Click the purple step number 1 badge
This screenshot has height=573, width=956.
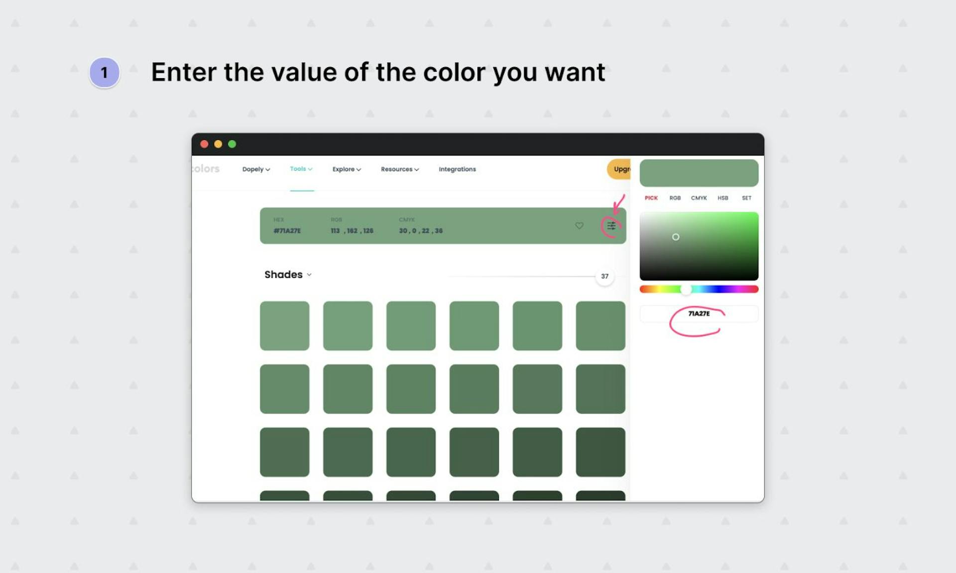[x=104, y=73]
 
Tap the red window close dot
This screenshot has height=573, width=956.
[x=204, y=144]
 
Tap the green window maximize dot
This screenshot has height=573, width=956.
[x=232, y=144]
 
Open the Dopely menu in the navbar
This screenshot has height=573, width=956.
[x=256, y=169]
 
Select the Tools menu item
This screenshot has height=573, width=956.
[x=301, y=169]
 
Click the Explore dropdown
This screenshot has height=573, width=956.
[x=347, y=169]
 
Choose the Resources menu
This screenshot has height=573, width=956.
[x=399, y=169]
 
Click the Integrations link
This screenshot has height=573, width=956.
[x=457, y=169]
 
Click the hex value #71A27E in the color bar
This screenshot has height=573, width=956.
[x=287, y=231]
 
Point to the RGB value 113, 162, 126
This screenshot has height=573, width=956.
[x=352, y=231]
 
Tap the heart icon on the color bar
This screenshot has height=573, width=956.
[x=579, y=226]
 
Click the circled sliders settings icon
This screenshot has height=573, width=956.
[x=611, y=226]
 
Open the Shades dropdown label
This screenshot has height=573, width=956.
[x=288, y=275]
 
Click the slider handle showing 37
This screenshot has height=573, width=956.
[x=604, y=276]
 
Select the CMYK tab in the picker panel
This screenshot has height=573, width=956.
[x=699, y=198]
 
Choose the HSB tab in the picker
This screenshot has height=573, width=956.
[x=722, y=198]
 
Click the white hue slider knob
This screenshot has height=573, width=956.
[x=686, y=289]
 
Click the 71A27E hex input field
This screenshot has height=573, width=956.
[x=699, y=314]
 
